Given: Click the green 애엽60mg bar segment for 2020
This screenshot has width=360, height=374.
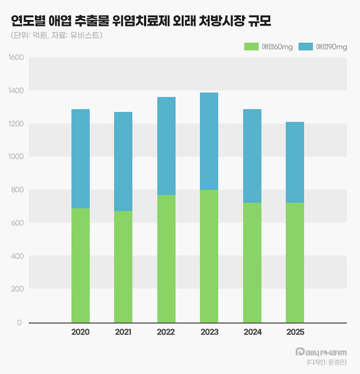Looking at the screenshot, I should [x=80, y=265].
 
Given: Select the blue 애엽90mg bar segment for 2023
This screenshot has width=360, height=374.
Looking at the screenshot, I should [x=209, y=141].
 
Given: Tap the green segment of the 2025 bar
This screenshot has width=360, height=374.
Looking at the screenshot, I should [x=295, y=262].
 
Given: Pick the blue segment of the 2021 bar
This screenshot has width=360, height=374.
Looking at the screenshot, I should [x=123, y=161].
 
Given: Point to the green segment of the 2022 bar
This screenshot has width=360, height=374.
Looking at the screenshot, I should [x=166, y=258].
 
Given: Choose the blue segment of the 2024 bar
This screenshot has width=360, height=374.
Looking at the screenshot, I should [x=252, y=156].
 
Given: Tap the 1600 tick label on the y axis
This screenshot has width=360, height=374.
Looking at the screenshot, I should [x=16, y=57].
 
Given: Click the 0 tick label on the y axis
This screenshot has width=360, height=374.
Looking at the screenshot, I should [x=19, y=322].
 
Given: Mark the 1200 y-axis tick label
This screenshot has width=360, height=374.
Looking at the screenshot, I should [x=16, y=124].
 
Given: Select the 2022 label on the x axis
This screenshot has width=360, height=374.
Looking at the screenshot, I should [x=166, y=332].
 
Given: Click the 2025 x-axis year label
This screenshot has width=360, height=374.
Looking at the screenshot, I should [x=295, y=332].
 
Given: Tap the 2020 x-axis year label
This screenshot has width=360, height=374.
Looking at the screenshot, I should [x=80, y=332].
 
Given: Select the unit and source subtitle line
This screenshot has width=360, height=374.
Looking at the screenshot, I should [x=56, y=35].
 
